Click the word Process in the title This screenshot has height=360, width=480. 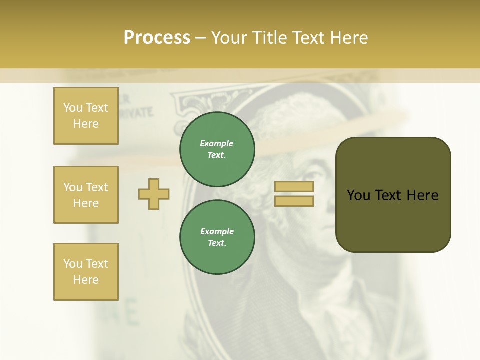[x=157, y=38]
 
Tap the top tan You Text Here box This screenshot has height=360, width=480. [x=86, y=116]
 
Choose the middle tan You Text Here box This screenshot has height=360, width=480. [x=86, y=195]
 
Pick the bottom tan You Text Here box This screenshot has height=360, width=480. [x=86, y=272]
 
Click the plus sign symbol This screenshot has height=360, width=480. [x=154, y=194]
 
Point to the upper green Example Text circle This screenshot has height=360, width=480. [x=217, y=149]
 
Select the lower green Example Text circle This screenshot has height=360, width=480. [x=217, y=237]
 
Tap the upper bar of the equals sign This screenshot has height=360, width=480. [x=294, y=187]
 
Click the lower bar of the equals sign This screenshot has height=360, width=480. [x=294, y=201]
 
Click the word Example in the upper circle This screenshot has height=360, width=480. [x=217, y=144]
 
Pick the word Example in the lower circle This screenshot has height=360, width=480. [x=217, y=232]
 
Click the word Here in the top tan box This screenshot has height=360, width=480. [x=86, y=124]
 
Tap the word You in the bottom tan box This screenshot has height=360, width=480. [x=72, y=264]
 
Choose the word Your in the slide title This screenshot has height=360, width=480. [x=230, y=38]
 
